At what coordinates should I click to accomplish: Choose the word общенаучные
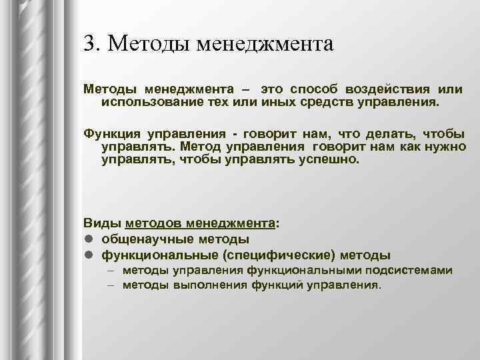point(147,239)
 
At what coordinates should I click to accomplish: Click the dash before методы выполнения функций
point(109,285)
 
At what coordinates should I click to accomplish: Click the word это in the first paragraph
point(273,89)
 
